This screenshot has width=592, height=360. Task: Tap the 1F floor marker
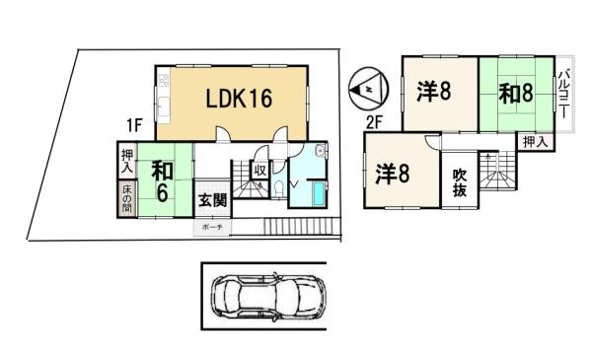click(136, 126)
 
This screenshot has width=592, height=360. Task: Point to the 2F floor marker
click(375, 124)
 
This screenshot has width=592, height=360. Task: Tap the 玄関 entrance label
click(212, 200)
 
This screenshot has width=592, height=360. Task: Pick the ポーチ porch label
click(212, 227)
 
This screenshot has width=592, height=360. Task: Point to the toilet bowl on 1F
click(281, 189)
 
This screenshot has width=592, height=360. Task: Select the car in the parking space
click(263, 297)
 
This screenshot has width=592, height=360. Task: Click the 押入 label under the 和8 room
click(534, 143)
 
